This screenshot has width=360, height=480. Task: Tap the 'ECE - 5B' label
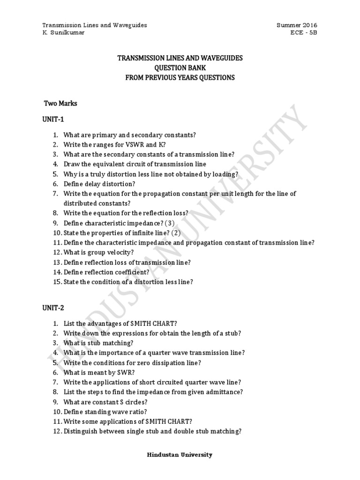(x=304, y=33)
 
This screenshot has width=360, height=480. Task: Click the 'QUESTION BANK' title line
(x=180, y=68)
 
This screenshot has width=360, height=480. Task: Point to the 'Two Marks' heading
(x=60, y=103)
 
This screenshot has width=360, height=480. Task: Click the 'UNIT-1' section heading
(x=53, y=120)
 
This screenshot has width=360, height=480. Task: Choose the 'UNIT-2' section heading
(x=53, y=308)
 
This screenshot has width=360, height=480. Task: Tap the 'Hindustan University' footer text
(x=180, y=455)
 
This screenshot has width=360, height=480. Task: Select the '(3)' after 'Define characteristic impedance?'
(x=170, y=223)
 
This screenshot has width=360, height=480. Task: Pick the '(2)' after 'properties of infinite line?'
(x=175, y=232)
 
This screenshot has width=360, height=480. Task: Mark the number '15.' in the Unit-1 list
(x=57, y=282)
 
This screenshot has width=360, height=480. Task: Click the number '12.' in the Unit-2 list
(x=57, y=431)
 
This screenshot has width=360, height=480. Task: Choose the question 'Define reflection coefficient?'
(x=106, y=272)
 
